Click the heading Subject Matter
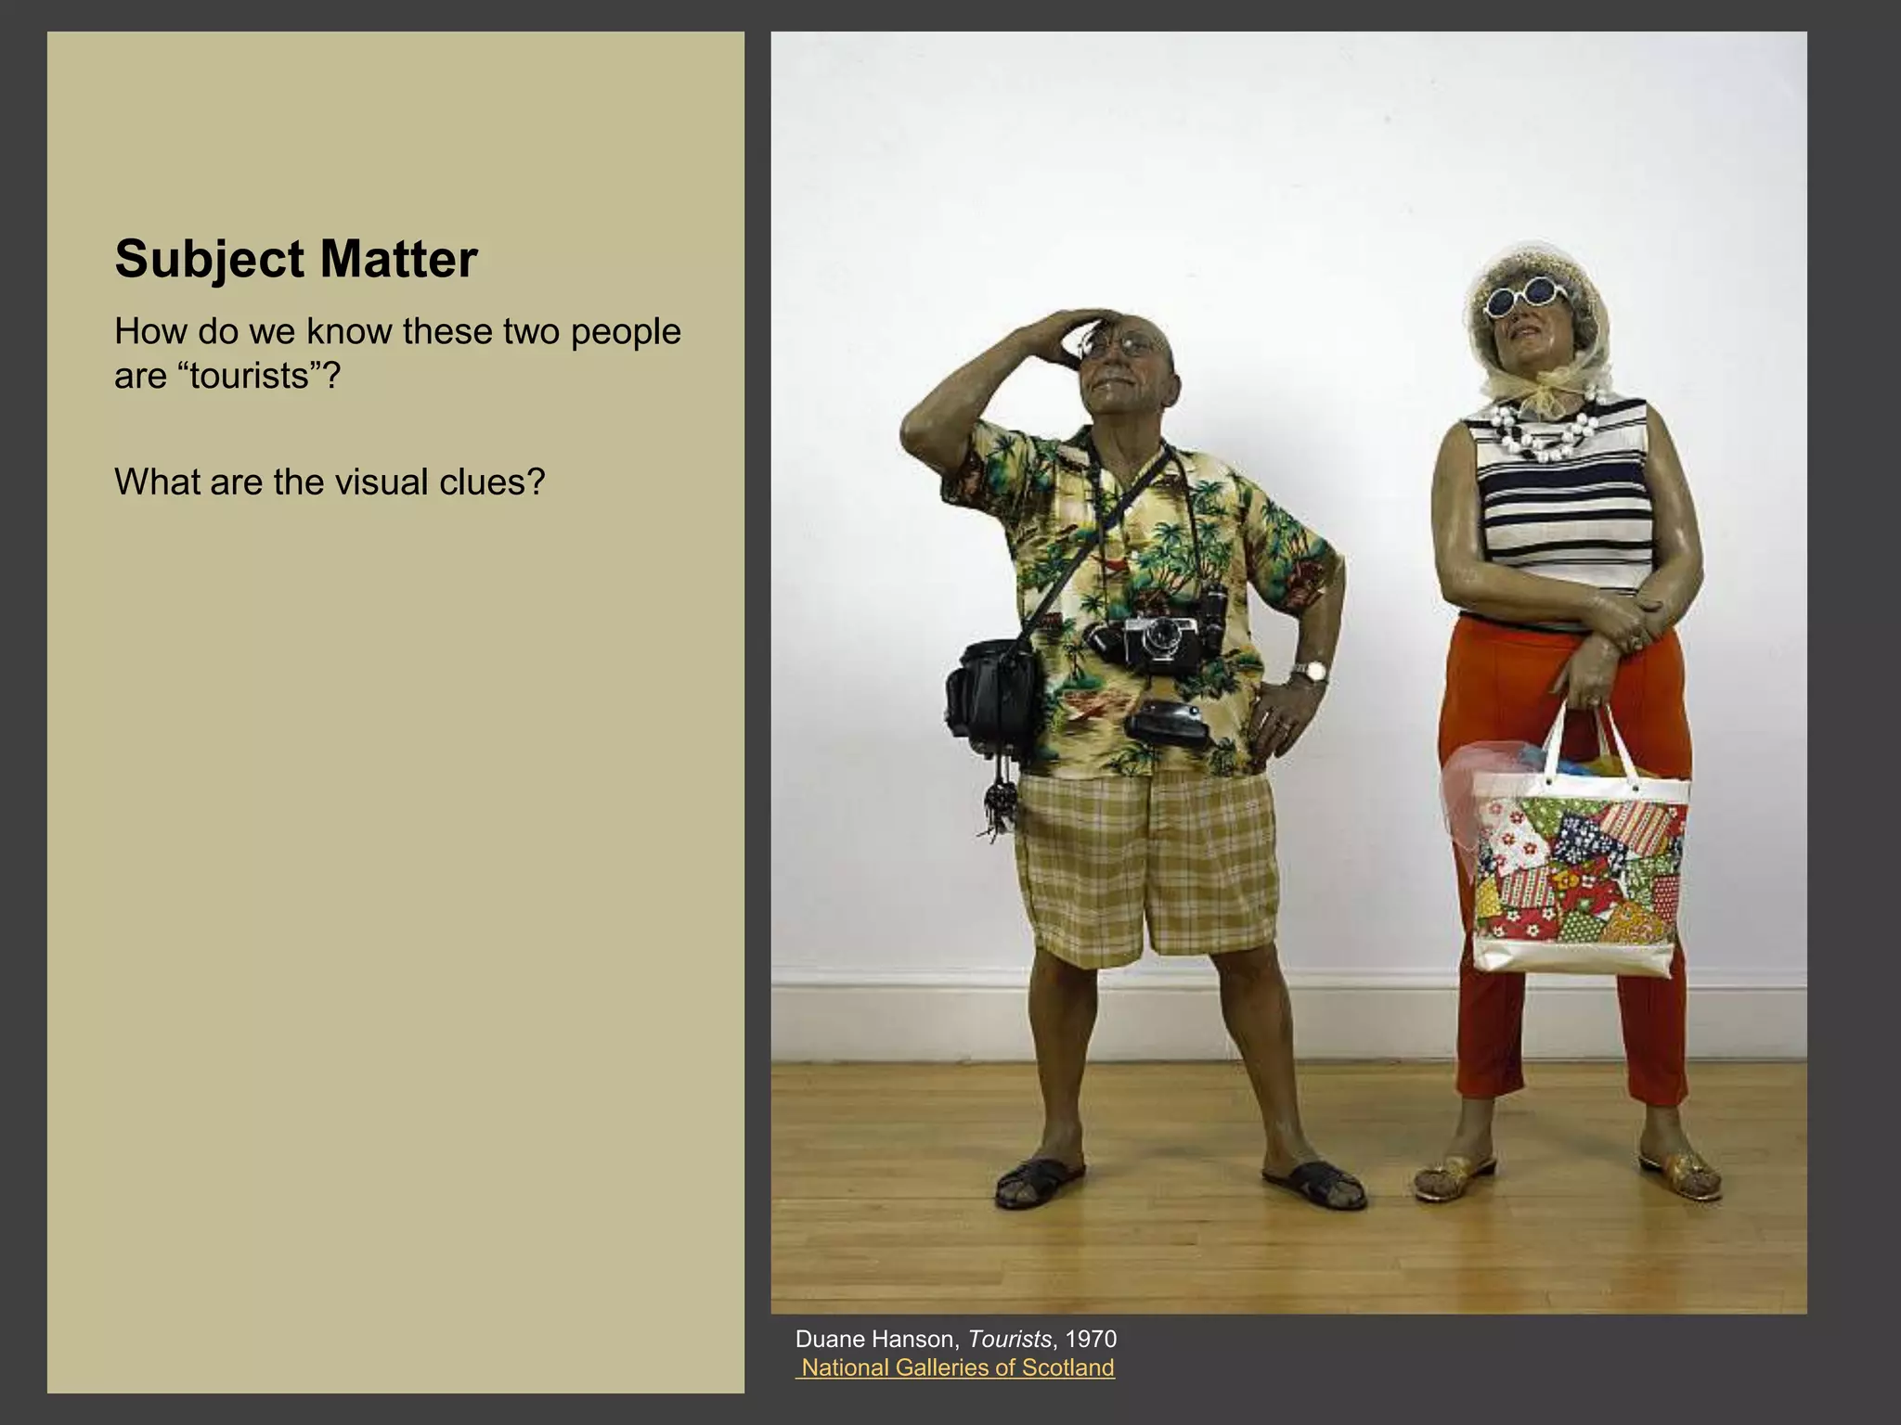point(296,259)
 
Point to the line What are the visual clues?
point(330,482)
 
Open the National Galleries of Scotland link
point(957,1367)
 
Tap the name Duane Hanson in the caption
point(874,1339)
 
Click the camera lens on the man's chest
point(1160,637)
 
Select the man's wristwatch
point(1309,672)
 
